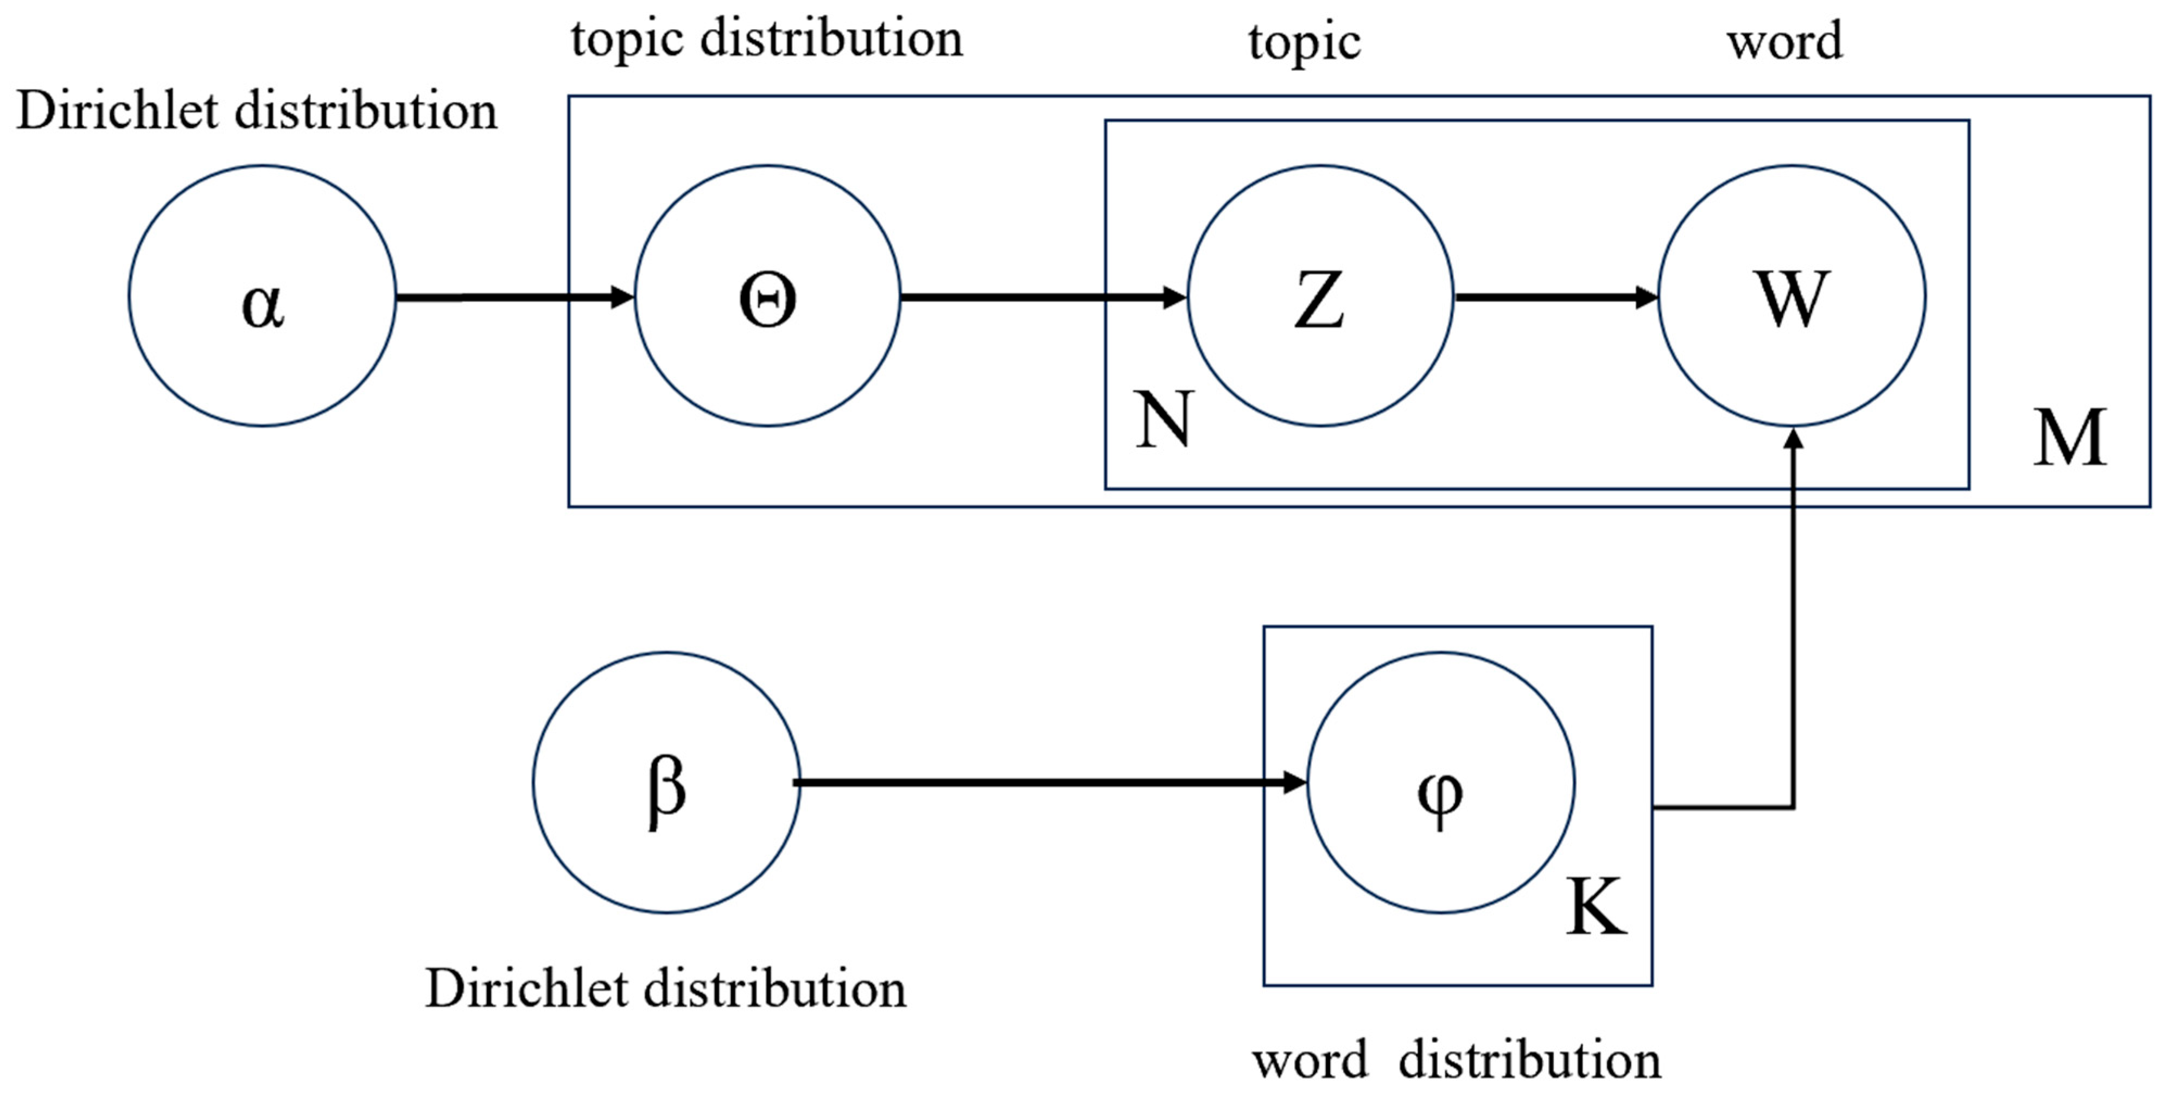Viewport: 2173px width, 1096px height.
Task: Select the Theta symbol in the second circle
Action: pos(767,301)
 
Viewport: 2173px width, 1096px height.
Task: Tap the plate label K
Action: pos(1596,907)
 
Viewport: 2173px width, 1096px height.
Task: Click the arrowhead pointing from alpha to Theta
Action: pos(622,297)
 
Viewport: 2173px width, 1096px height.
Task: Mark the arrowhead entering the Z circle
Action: pos(1175,297)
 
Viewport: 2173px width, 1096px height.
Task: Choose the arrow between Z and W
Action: pos(1556,297)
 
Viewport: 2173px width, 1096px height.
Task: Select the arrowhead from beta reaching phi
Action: pos(1295,783)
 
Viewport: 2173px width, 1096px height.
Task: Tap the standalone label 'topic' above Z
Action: pos(1304,42)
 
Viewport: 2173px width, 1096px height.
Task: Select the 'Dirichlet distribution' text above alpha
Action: pos(257,111)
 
